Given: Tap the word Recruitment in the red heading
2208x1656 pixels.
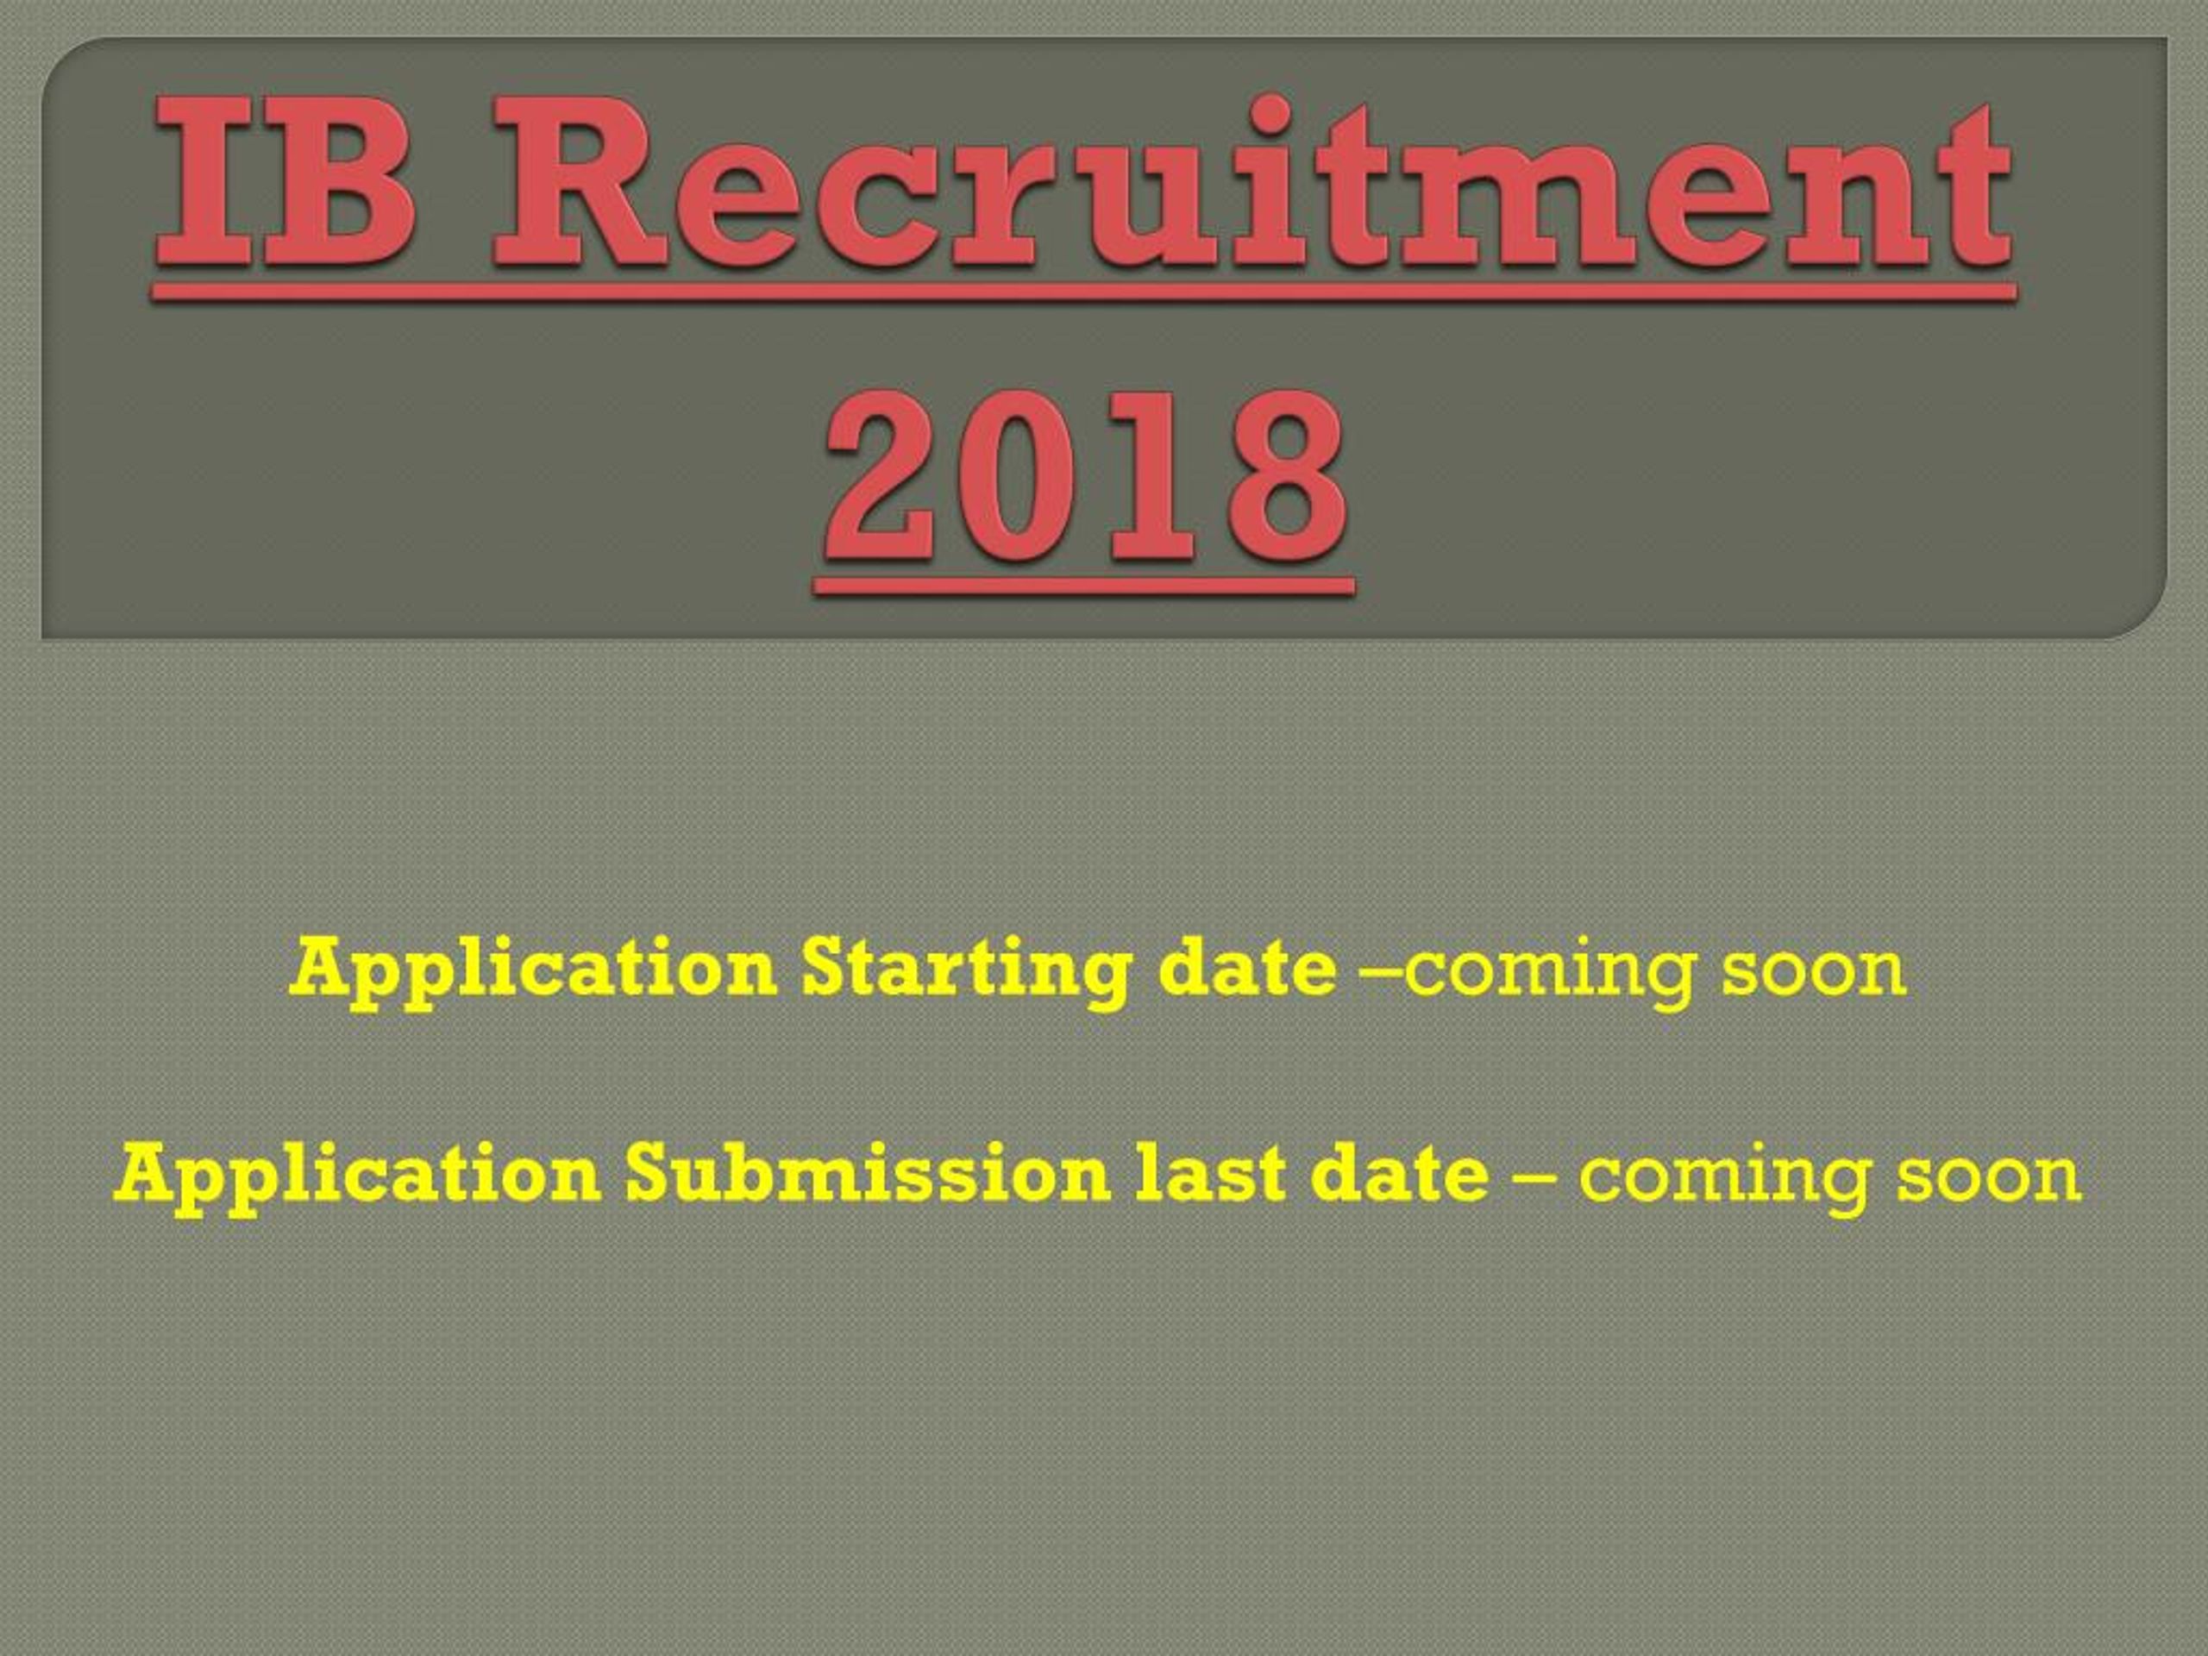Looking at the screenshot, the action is coord(1252,183).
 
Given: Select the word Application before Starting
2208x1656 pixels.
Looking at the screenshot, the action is coord(533,972).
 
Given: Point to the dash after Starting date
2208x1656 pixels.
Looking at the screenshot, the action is coord(1382,972).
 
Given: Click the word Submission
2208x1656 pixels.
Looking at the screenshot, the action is coord(868,1174).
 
